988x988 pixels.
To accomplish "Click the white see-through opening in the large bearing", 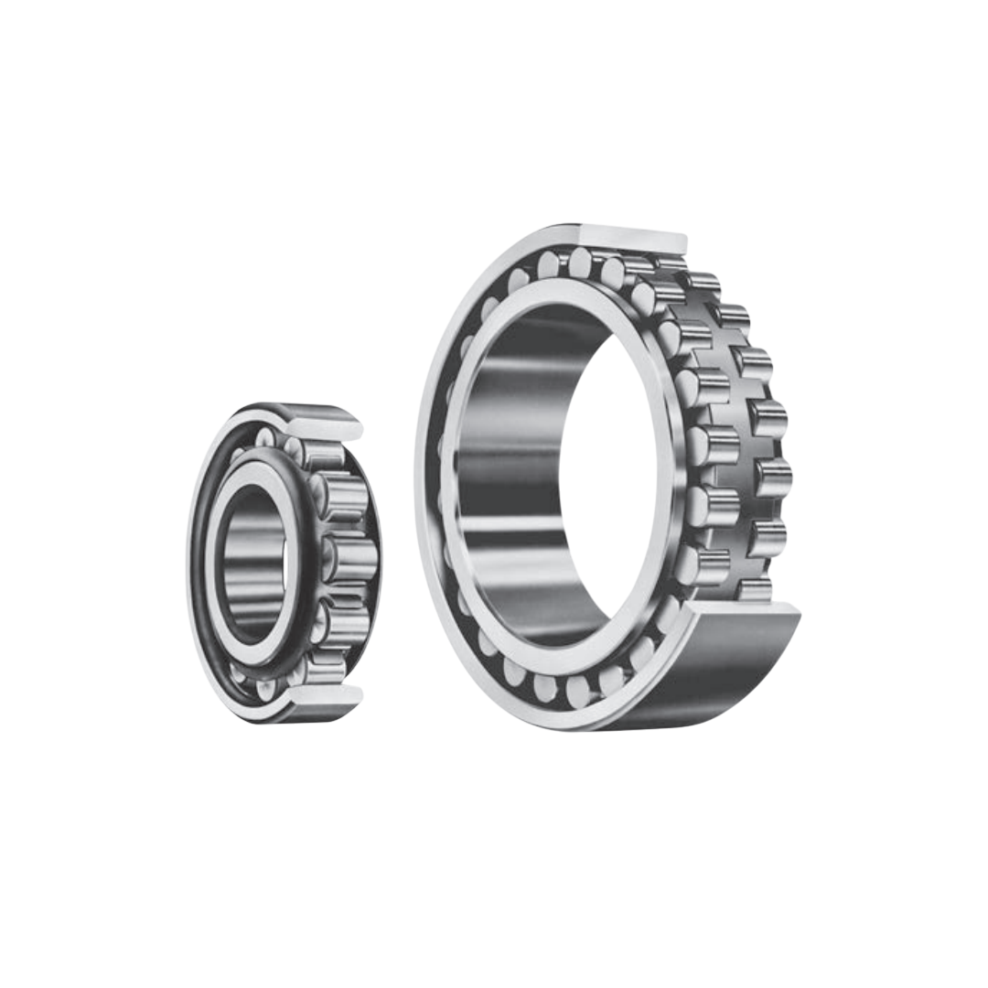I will [608, 476].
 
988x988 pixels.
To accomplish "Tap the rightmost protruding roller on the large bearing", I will [773, 478].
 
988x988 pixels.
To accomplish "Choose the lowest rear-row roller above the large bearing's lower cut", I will [755, 587].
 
